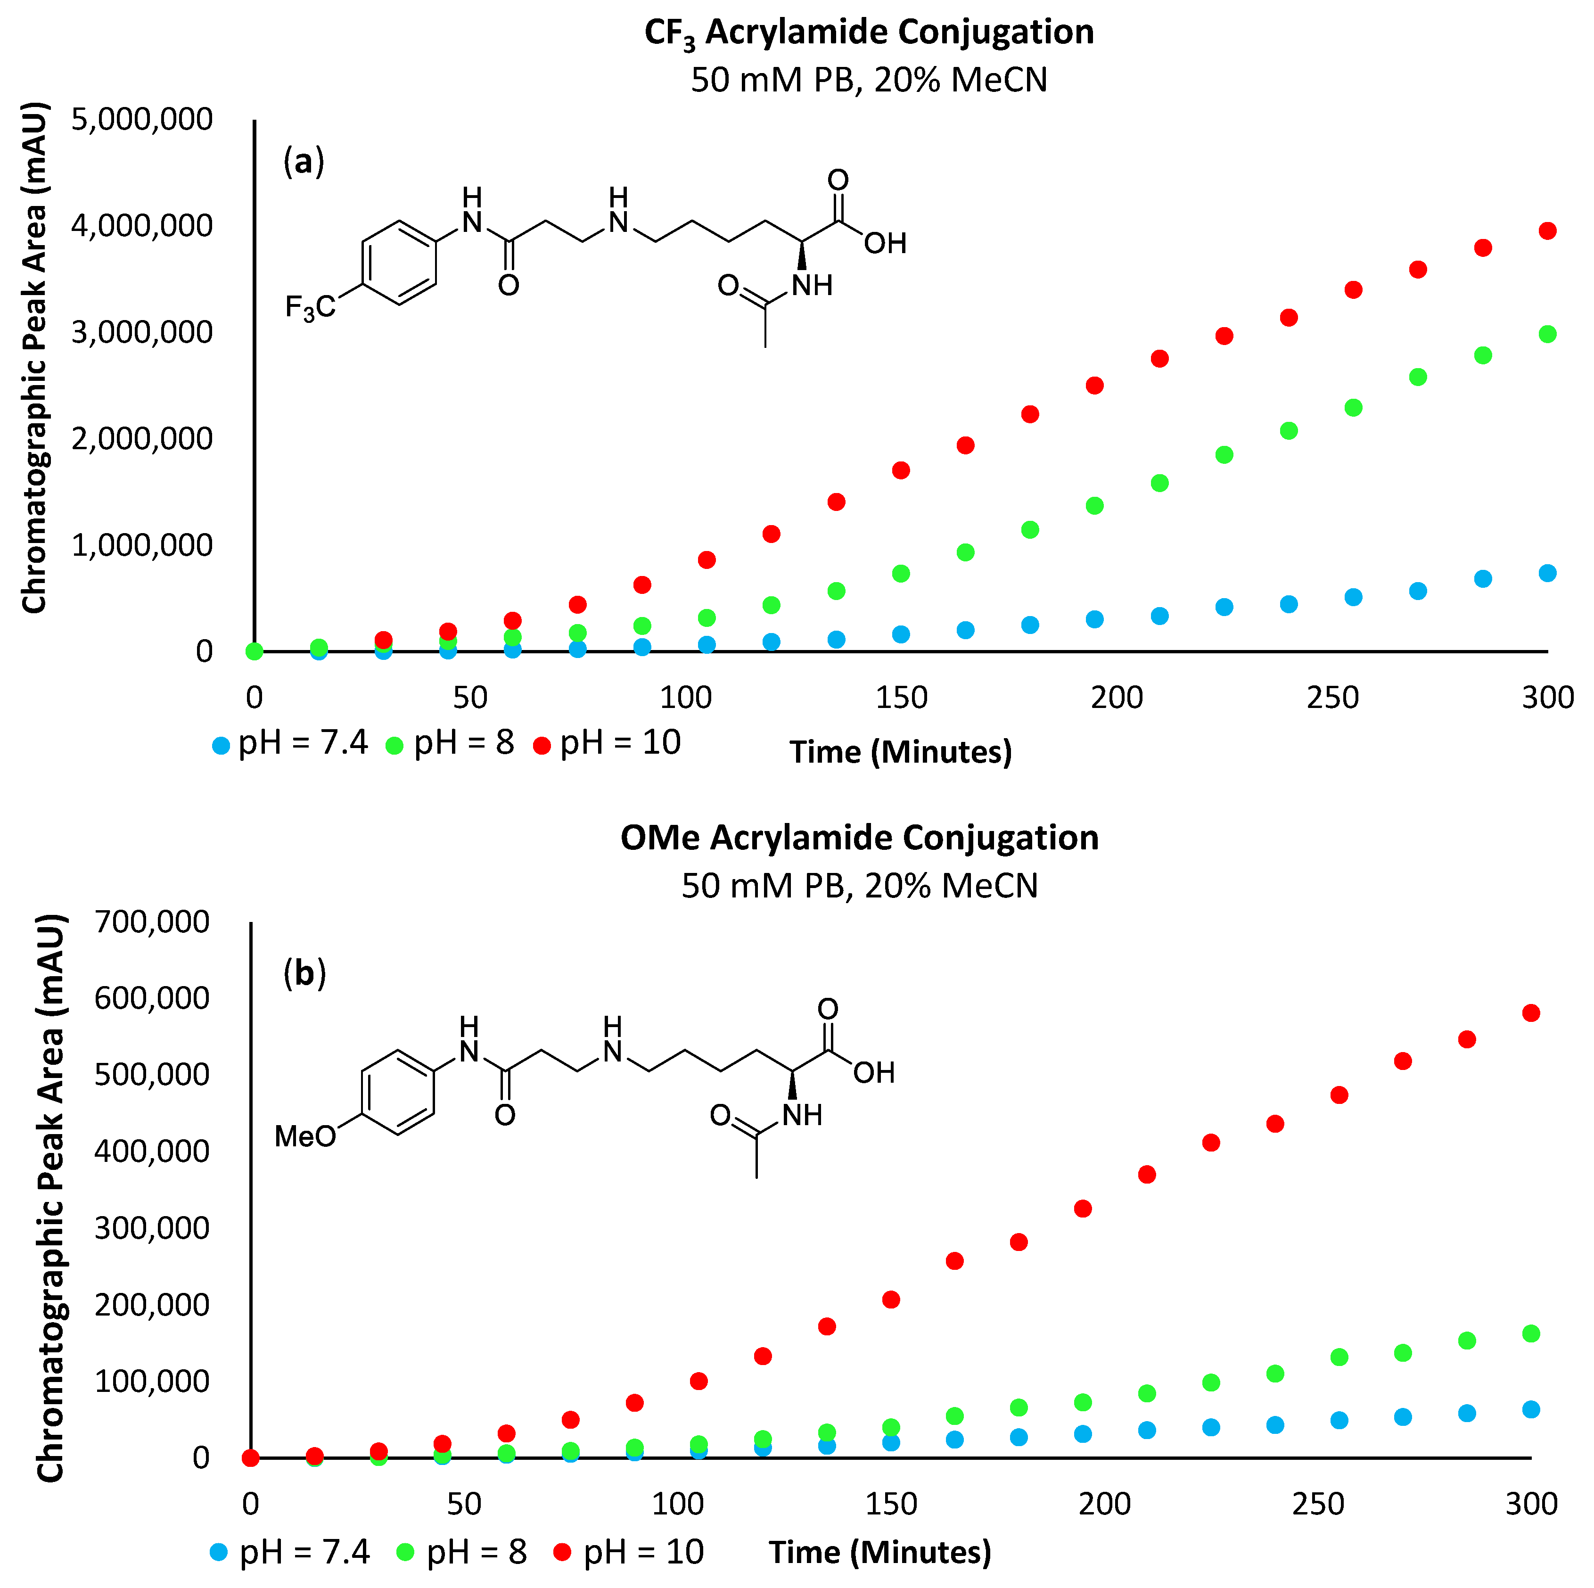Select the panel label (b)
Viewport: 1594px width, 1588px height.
coord(304,973)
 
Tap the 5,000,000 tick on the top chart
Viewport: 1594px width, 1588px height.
coord(142,120)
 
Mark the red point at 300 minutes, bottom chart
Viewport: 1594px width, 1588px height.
coord(1530,1013)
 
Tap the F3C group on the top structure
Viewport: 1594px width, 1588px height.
coord(310,308)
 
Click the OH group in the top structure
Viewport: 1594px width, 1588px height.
coord(885,243)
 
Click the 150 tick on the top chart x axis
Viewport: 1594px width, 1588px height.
coord(901,699)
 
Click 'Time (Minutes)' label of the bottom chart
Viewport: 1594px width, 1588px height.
coord(879,1553)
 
